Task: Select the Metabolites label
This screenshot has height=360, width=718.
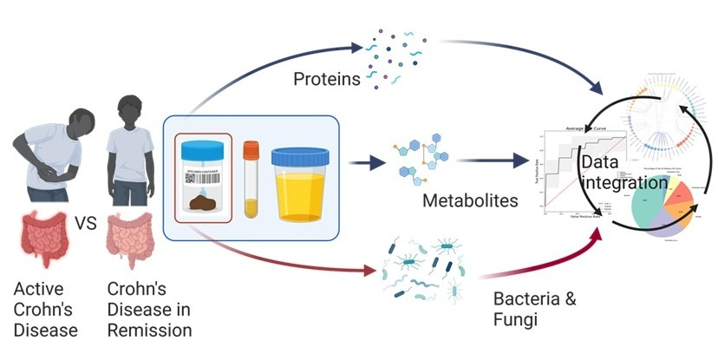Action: [x=470, y=201]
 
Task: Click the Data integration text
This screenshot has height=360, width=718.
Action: [x=617, y=173]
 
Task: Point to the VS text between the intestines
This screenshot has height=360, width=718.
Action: [x=85, y=224]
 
